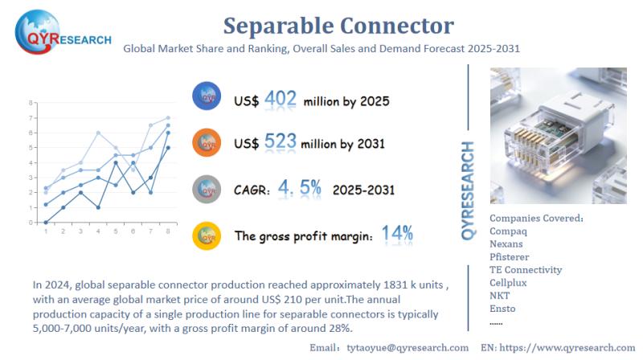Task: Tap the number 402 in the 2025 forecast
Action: tap(281, 99)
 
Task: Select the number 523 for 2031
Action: tap(281, 143)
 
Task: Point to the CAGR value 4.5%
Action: tap(299, 188)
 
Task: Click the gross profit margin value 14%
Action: tap(397, 235)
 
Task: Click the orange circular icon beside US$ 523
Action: tap(207, 143)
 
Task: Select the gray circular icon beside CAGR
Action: tap(207, 190)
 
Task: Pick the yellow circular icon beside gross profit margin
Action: tap(207, 235)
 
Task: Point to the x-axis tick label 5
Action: tap(117, 231)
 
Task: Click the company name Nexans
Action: tap(506, 243)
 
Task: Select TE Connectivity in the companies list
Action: tap(526, 270)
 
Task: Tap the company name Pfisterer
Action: tap(510, 256)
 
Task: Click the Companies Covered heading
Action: tap(536, 218)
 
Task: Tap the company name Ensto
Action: tap(502, 309)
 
